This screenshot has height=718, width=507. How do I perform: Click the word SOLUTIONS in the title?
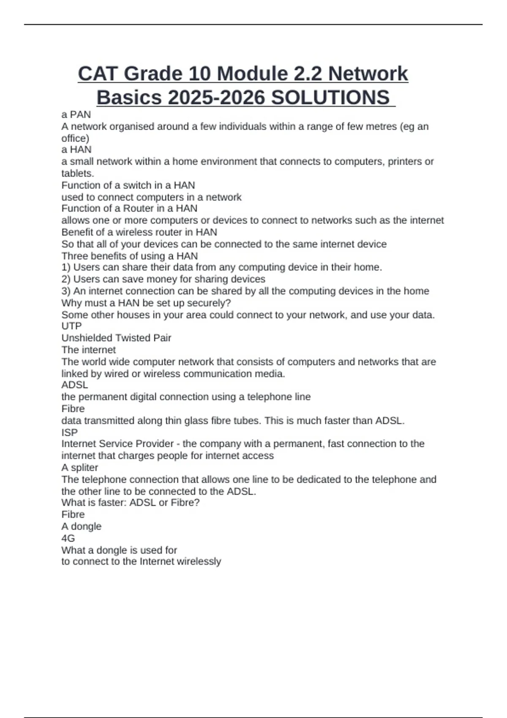click(x=330, y=98)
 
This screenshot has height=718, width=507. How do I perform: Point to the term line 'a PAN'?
click(x=76, y=114)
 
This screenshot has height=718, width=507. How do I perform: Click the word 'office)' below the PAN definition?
click(x=75, y=138)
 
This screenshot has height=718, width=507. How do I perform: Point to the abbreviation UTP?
click(x=71, y=326)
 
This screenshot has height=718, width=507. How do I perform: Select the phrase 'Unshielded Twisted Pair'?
click(x=116, y=338)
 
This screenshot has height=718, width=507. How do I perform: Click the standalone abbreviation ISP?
click(x=70, y=432)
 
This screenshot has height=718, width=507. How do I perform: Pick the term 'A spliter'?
click(x=79, y=468)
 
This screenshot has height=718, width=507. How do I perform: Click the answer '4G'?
click(x=68, y=538)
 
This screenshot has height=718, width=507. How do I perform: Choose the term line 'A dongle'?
click(x=81, y=526)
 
